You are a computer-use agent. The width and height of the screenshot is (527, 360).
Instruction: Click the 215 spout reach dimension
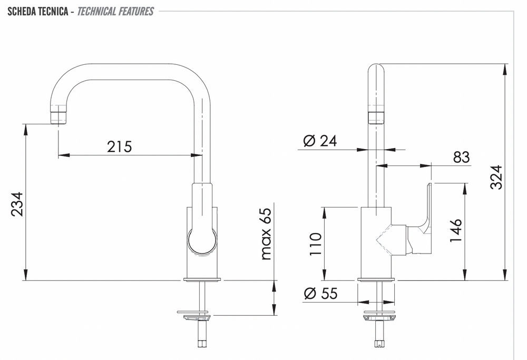[119, 147]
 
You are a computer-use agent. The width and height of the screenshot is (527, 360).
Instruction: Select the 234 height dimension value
[17, 204]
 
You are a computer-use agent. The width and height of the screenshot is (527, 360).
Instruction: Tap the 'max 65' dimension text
[266, 233]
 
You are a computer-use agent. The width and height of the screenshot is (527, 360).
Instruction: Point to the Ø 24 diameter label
[320, 141]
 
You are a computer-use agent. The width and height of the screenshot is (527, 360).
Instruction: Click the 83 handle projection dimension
[461, 157]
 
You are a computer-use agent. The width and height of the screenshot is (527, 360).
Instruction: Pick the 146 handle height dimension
[456, 231]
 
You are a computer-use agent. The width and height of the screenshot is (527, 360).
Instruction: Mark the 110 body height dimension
[315, 244]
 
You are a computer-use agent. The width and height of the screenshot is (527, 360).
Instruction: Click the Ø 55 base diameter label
[320, 294]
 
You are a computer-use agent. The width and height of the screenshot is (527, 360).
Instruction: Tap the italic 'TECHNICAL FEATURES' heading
[115, 11]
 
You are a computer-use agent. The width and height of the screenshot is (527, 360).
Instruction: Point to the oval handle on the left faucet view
[202, 241]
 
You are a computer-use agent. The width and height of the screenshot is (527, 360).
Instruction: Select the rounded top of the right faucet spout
[376, 70]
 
